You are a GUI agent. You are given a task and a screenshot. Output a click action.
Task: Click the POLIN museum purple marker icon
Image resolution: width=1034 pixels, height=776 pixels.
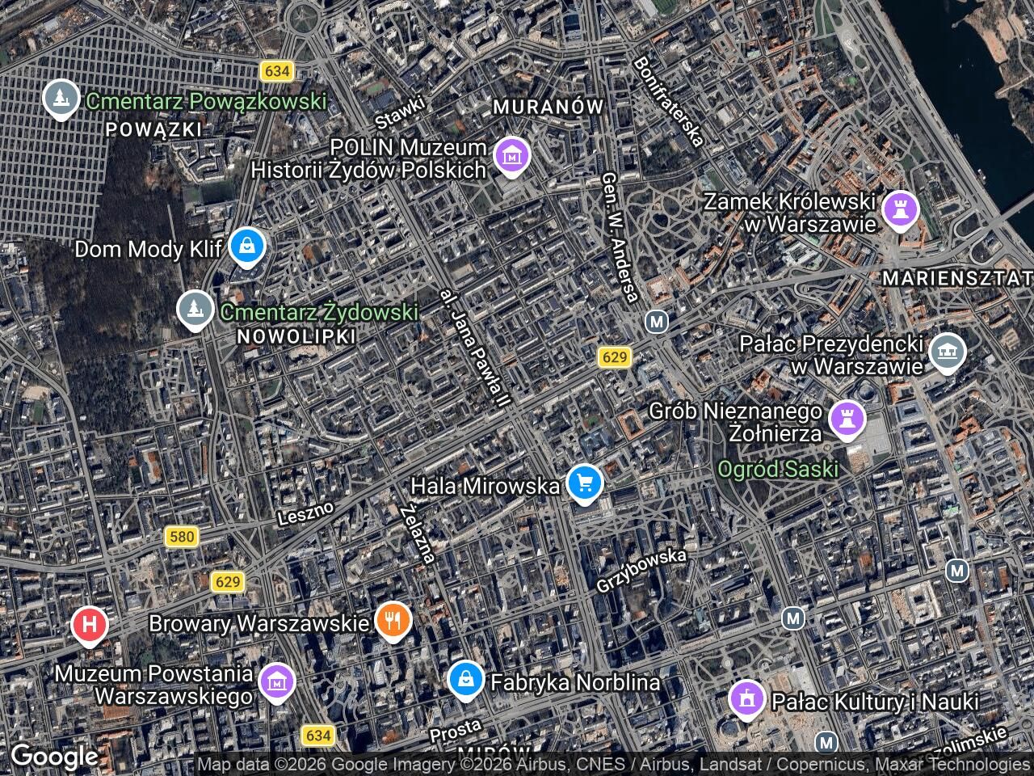point(511,154)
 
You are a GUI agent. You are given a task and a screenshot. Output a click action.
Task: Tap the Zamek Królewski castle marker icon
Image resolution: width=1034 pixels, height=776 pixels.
point(900,209)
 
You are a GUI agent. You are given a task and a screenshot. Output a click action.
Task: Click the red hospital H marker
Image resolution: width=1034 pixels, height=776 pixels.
point(90,625)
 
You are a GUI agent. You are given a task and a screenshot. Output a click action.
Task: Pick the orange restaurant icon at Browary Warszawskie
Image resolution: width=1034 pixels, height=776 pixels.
point(393,621)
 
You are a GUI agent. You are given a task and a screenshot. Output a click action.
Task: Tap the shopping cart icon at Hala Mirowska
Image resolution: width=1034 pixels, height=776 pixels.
point(584,483)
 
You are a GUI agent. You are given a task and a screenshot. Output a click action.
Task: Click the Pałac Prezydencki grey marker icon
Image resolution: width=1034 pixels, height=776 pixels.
point(948,352)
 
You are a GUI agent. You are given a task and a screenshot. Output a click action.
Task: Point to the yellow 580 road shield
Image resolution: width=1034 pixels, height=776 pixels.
point(181,536)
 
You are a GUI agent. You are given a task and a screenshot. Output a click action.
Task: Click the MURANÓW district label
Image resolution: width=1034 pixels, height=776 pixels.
point(549,107)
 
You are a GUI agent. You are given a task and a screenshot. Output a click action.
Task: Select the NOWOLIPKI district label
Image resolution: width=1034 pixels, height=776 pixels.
point(297,337)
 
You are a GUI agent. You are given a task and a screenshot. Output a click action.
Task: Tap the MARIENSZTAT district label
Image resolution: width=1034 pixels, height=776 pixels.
point(957,278)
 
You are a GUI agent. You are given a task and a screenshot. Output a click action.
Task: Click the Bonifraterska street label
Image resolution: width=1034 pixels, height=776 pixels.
point(667,100)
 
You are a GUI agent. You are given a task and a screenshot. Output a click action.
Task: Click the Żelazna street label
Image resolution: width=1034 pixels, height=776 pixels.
point(418,533)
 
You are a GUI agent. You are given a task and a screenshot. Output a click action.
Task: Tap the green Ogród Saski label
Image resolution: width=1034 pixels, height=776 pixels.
point(778,469)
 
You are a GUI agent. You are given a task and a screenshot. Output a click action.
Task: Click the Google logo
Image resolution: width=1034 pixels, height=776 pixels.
point(54,757)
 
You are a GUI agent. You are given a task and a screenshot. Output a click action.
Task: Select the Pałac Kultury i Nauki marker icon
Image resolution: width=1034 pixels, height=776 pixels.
point(747,698)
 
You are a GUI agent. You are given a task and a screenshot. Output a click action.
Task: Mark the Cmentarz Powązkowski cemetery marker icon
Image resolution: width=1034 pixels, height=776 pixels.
point(61,98)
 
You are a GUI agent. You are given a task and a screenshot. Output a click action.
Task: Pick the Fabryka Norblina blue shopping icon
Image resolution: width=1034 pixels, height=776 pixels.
point(466,679)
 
